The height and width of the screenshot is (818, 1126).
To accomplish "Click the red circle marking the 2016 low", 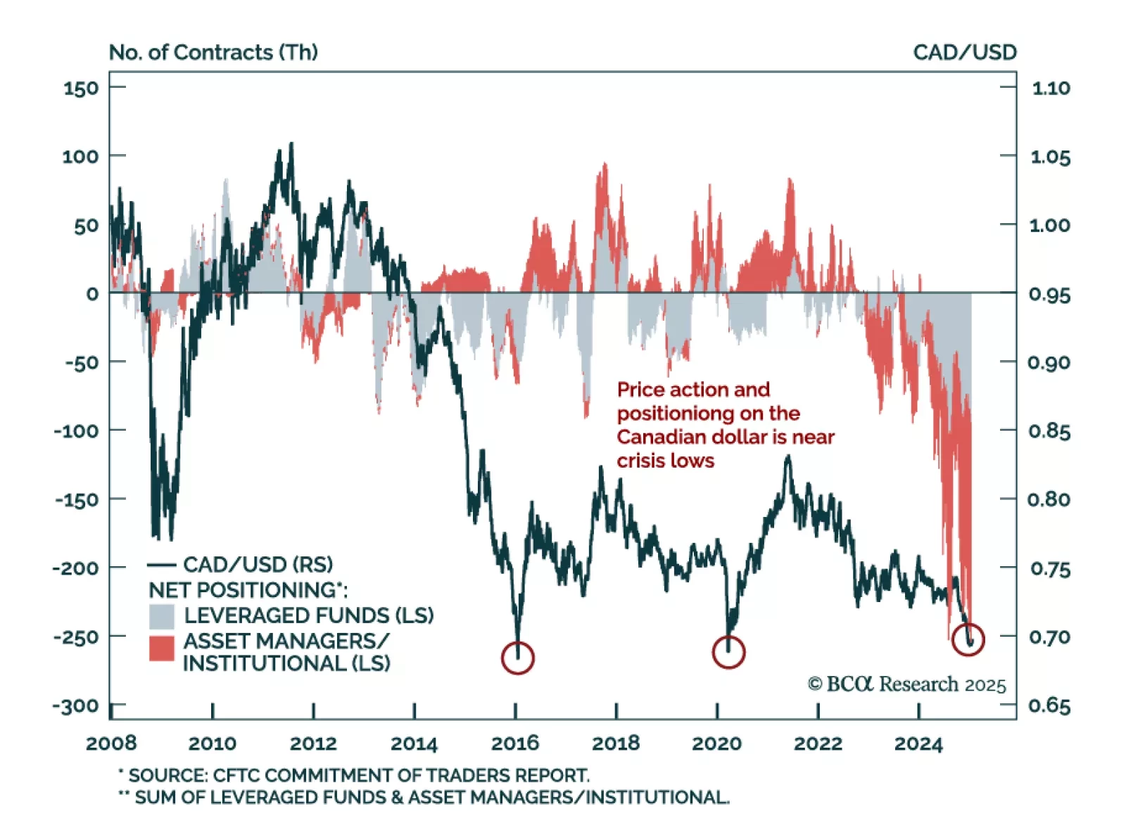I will tap(517, 658).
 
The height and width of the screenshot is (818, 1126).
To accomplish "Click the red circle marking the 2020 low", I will tap(728, 652).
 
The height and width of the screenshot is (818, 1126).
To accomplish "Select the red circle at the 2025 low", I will tap(968, 639).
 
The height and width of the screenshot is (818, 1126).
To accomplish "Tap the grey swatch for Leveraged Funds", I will tap(161, 616).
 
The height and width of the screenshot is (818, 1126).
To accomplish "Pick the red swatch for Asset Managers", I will tap(161, 648).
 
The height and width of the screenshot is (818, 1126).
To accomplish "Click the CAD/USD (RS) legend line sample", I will tap(161, 565).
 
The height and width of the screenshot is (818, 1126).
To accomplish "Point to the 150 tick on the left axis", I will tap(81, 89).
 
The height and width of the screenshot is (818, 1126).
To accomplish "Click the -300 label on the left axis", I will tap(76, 705).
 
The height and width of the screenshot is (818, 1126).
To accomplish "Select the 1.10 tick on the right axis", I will tap(1051, 89).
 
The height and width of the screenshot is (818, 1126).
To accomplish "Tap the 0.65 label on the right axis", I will tap(1049, 705).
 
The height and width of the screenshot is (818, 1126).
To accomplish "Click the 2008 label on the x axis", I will tap(111, 743).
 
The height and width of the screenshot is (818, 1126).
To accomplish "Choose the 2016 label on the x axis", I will tap(515, 743).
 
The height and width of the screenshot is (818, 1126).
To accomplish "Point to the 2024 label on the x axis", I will tap(918, 743).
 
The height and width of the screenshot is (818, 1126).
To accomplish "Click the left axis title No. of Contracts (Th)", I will tap(213, 53).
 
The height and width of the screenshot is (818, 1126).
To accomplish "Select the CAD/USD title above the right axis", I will tap(965, 53).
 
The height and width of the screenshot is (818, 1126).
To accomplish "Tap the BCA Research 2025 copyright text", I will tap(907, 684).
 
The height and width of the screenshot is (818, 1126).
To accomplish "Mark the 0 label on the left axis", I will tap(92, 294).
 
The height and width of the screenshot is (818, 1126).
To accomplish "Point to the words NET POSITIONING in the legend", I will tap(243, 590).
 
